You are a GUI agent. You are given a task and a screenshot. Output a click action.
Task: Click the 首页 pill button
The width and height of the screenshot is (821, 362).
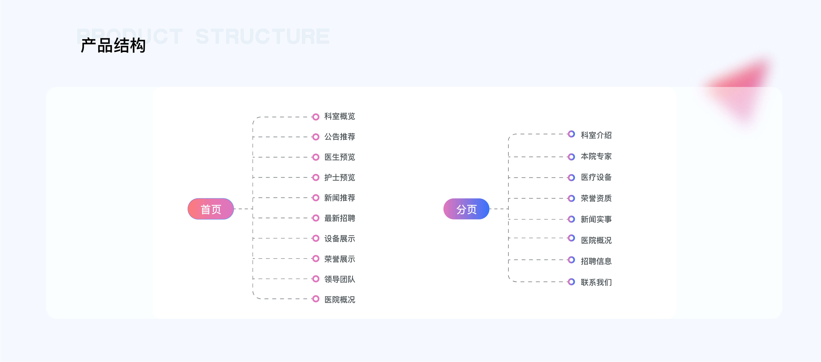coord(211,209)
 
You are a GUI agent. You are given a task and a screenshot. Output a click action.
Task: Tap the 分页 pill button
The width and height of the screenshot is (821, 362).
coord(466,209)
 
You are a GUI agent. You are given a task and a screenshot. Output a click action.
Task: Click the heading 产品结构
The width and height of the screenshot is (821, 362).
coord(113,45)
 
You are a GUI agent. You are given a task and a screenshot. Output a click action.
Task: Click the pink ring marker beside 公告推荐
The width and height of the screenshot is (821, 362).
coord(316,137)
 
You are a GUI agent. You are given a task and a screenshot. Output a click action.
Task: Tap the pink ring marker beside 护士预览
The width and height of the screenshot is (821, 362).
coord(316,177)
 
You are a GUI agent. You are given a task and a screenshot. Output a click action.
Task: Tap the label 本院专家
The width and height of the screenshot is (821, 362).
coord(596,156)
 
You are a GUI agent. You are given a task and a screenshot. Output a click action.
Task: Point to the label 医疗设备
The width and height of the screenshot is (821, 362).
coord(596,177)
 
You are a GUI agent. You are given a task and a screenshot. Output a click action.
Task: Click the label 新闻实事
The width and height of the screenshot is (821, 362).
coord(596,219)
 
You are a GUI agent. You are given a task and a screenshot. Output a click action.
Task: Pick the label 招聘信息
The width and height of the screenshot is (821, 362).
coord(596,261)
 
